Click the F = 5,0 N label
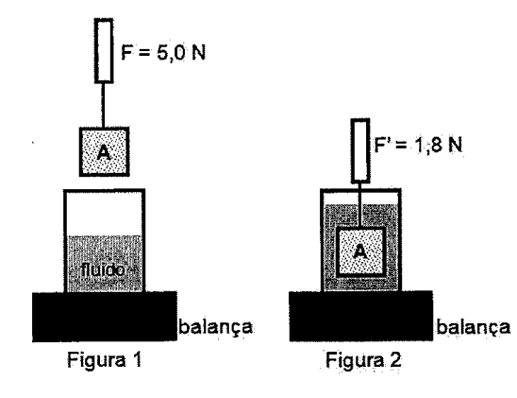pos(163,53)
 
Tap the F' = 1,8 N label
pos(418,145)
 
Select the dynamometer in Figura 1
pos(104,50)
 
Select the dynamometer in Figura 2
pos(360,150)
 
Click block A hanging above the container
pos(104,151)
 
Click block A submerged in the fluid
pos(360,252)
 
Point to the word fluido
pos(103,270)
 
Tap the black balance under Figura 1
pos(105,317)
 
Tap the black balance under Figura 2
pos(361,316)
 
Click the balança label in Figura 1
pos(216,327)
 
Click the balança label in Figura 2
pos(474,327)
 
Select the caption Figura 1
pos(105,359)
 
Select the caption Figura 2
pos(363,359)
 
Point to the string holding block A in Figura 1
pos(103,105)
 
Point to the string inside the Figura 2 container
pos(360,205)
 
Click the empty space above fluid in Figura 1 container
pos(105,214)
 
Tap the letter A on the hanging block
pos(104,153)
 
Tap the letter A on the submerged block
pos(360,252)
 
